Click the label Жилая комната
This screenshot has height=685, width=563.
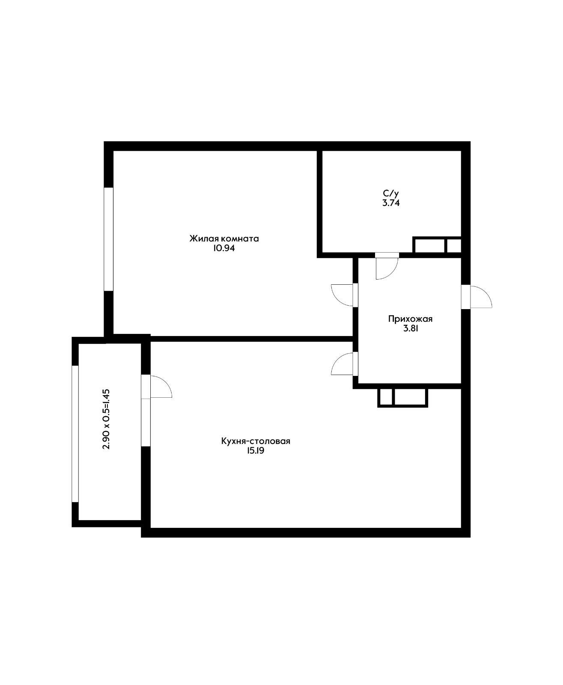(x=224, y=238)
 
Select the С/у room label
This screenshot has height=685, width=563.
(x=391, y=194)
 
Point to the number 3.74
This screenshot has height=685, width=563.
(x=391, y=203)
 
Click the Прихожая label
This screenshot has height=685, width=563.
(x=410, y=319)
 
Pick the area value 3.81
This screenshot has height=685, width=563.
(x=410, y=329)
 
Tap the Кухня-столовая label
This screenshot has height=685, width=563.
(x=256, y=441)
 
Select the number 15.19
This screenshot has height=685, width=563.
(x=256, y=451)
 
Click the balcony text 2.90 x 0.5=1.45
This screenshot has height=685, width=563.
(x=107, y=419)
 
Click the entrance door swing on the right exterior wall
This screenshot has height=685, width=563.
(x=480, y=297)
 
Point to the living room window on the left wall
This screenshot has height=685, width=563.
(x=109, y=239)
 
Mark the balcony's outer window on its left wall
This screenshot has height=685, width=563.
(x=75, y=433)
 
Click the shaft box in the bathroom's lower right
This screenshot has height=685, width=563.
(x=437, y=245)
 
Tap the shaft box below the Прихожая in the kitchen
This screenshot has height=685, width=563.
(x=402, y=397)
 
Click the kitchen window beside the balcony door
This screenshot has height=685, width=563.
(x=146, y=422)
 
